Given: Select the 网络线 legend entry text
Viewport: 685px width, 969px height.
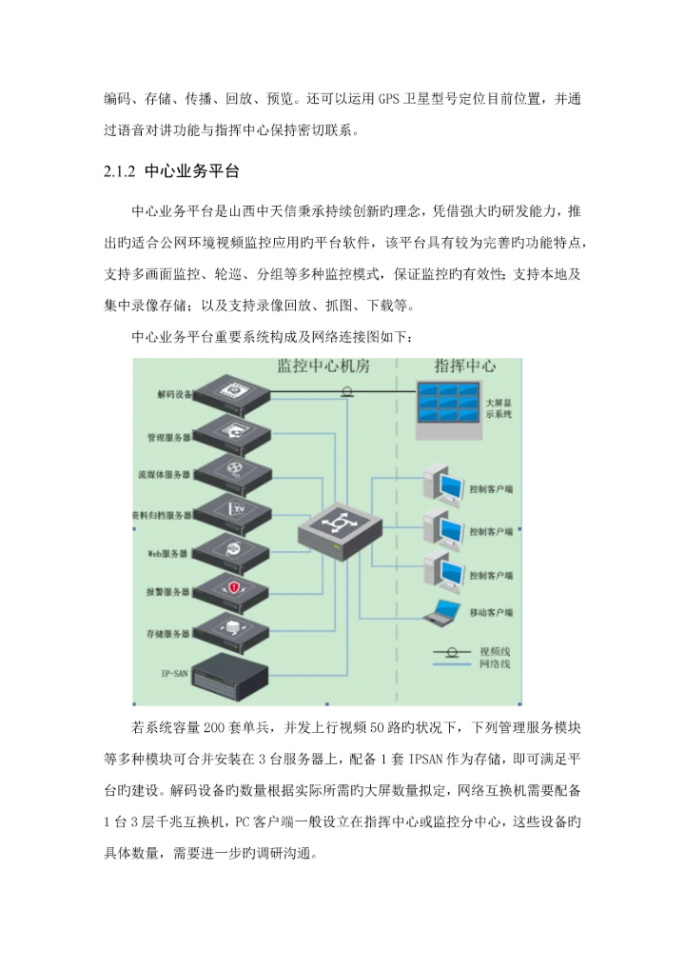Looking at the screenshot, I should [x=495, y=663].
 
